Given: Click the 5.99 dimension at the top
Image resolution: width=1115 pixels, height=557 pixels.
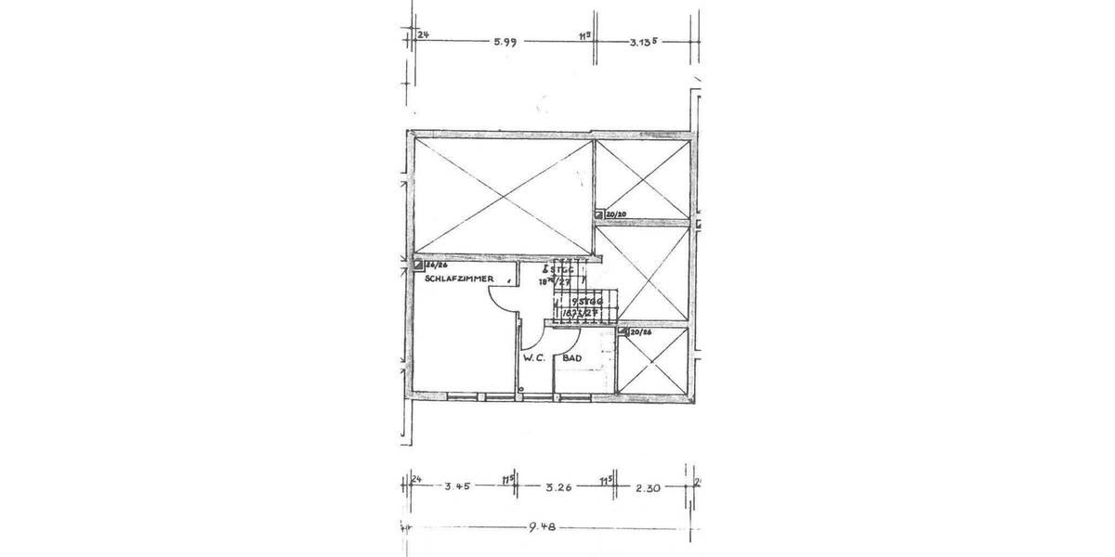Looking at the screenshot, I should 505,41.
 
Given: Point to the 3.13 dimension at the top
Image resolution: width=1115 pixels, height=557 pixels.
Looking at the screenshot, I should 644,41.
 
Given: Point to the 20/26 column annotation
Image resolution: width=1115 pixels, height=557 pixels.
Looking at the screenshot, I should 640,330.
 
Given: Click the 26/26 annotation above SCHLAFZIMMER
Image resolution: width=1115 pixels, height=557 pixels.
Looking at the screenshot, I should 436,265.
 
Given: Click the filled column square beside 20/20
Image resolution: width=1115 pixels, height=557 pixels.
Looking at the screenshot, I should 599,214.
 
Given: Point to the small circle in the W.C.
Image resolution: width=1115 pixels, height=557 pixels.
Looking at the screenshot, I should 522,390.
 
